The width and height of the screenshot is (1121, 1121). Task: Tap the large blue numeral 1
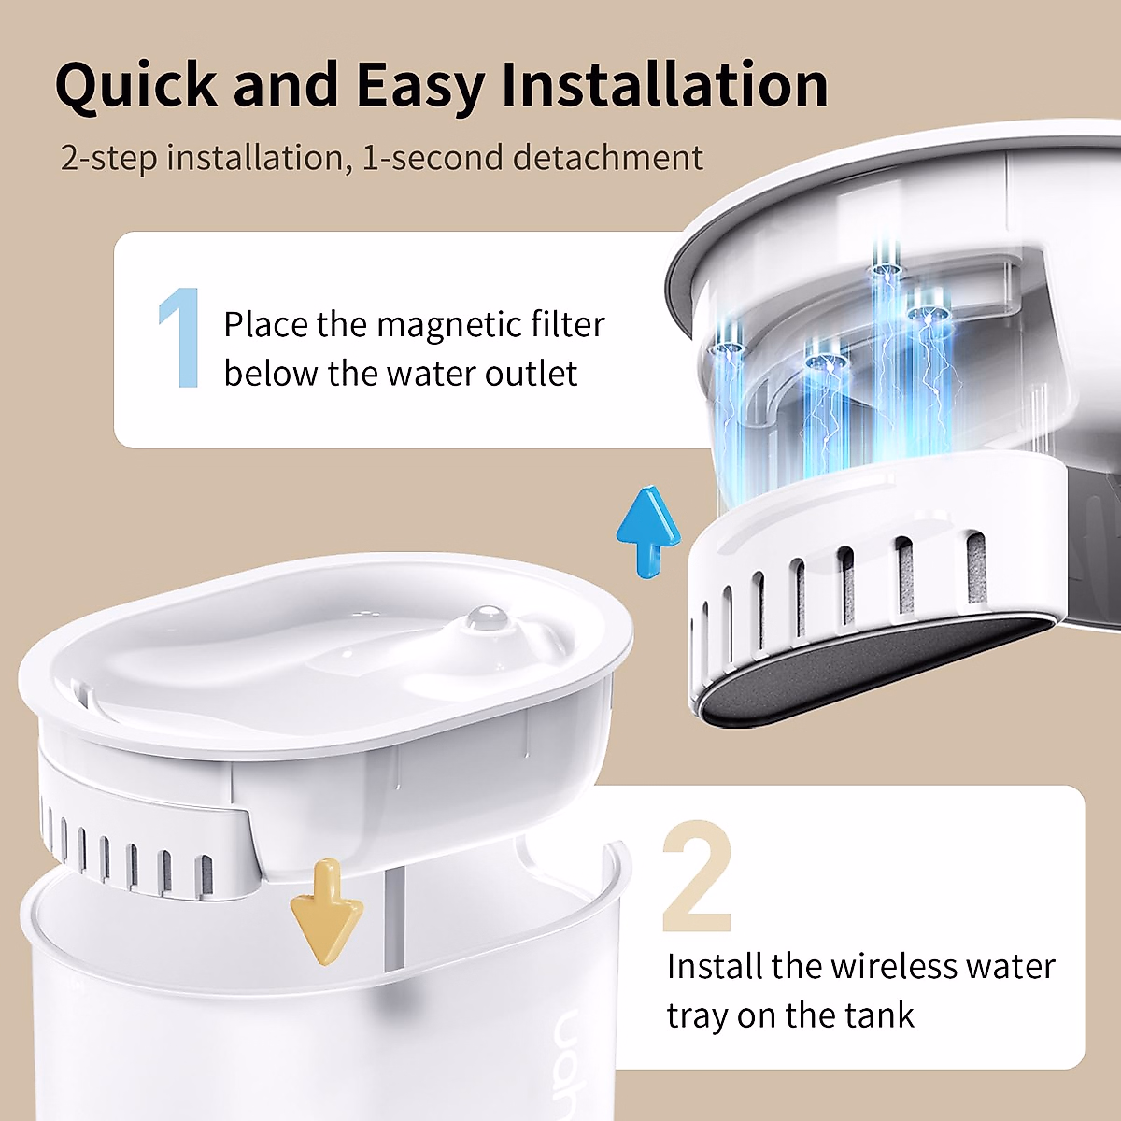click(181, 337)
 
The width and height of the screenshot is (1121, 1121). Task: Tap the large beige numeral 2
click(696, 878)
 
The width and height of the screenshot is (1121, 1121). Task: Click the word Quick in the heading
click(136, 86)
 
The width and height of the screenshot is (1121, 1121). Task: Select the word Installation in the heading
click(664, 86)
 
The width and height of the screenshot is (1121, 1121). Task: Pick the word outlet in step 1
click(536, 374)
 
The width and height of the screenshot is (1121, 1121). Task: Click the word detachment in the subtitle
click(608, 158)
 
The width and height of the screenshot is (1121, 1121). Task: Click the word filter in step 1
click(568, 325)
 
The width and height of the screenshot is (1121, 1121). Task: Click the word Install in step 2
click(715, 966)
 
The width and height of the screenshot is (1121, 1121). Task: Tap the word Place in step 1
click(265, 325)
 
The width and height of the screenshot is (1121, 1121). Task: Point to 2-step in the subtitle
click(108, 158)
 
